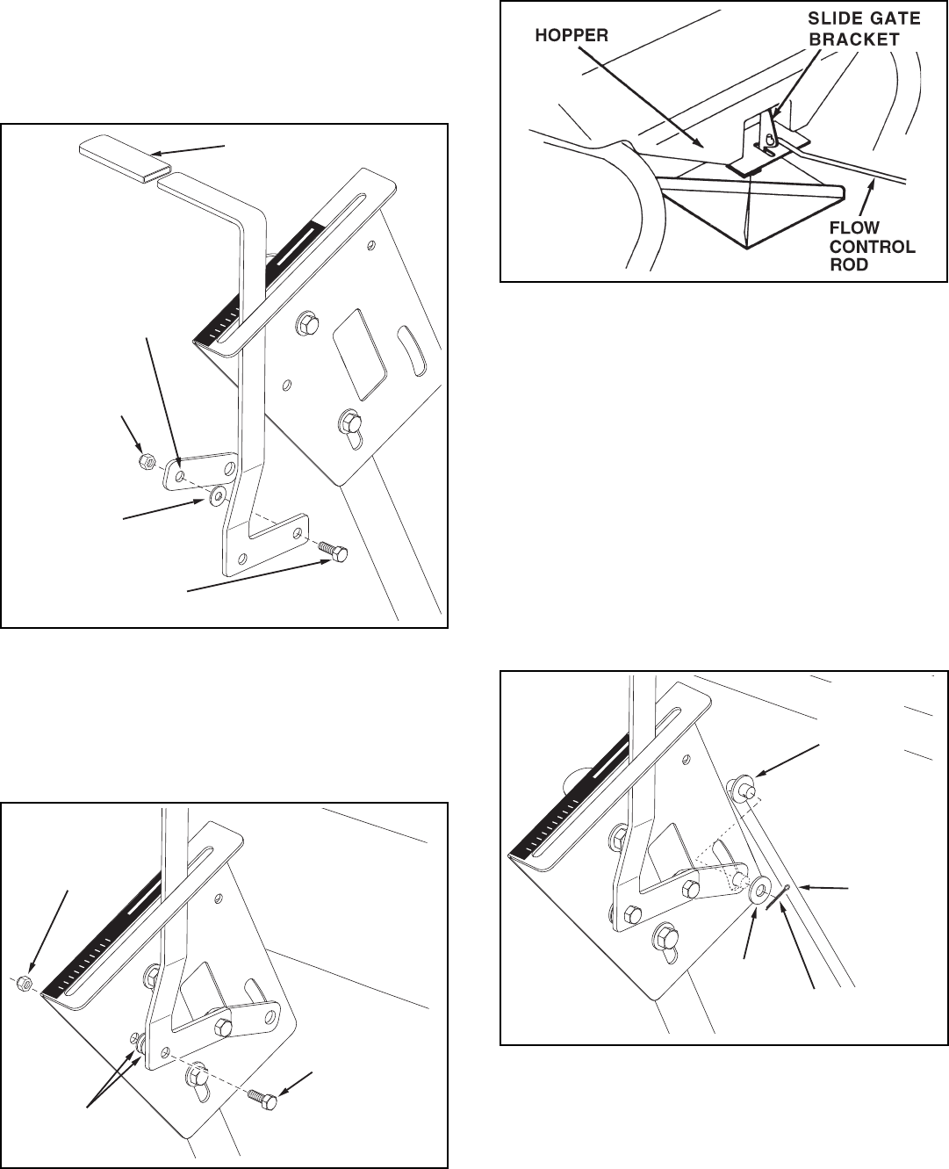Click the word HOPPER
pos(572,36)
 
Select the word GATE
pos(893,18)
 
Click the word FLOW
pos(854,227)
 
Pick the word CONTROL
pos(873,247)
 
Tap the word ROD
pos(849,264)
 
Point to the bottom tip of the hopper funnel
pos(747,249)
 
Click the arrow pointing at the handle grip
pos(188,151)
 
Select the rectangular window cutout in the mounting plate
pos(360,354)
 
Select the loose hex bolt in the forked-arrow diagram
pos(262,1098)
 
